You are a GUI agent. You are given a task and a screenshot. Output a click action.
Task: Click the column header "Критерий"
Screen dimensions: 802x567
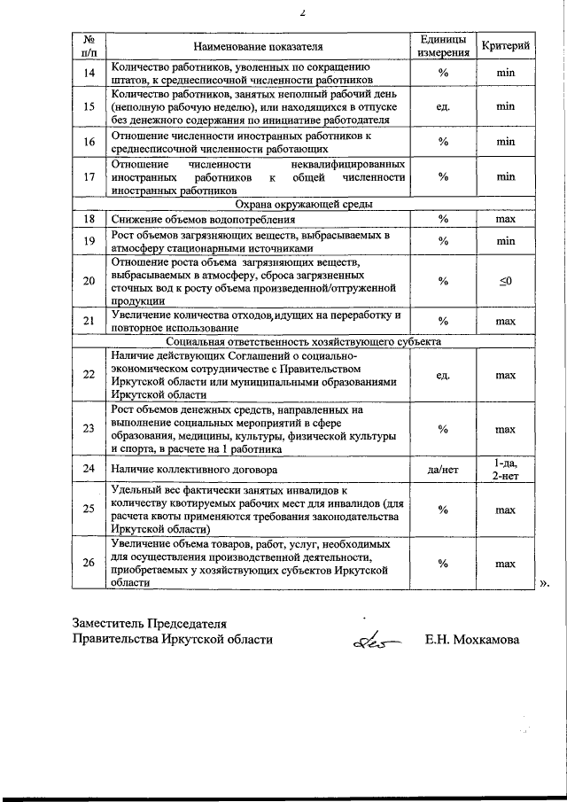pos(505,45)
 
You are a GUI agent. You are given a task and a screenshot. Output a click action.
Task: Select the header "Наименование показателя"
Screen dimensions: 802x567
pos(257,45)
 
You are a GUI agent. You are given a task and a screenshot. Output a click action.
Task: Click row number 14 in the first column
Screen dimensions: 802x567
pos(89,73)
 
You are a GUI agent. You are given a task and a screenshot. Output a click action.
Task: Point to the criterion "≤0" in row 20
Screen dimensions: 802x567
pos(505,281)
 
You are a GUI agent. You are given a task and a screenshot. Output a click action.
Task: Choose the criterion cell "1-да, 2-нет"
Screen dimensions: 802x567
pos(505,469)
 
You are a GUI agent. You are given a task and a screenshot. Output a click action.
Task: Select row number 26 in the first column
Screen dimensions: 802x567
pos(89,563)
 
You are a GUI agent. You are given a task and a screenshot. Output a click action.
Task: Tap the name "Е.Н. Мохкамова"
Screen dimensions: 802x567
pos(472,638)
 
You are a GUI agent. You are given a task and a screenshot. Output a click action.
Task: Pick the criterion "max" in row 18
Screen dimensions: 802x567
pos(505,218)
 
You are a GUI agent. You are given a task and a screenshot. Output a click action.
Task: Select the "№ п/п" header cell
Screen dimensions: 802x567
pos(89,45)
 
